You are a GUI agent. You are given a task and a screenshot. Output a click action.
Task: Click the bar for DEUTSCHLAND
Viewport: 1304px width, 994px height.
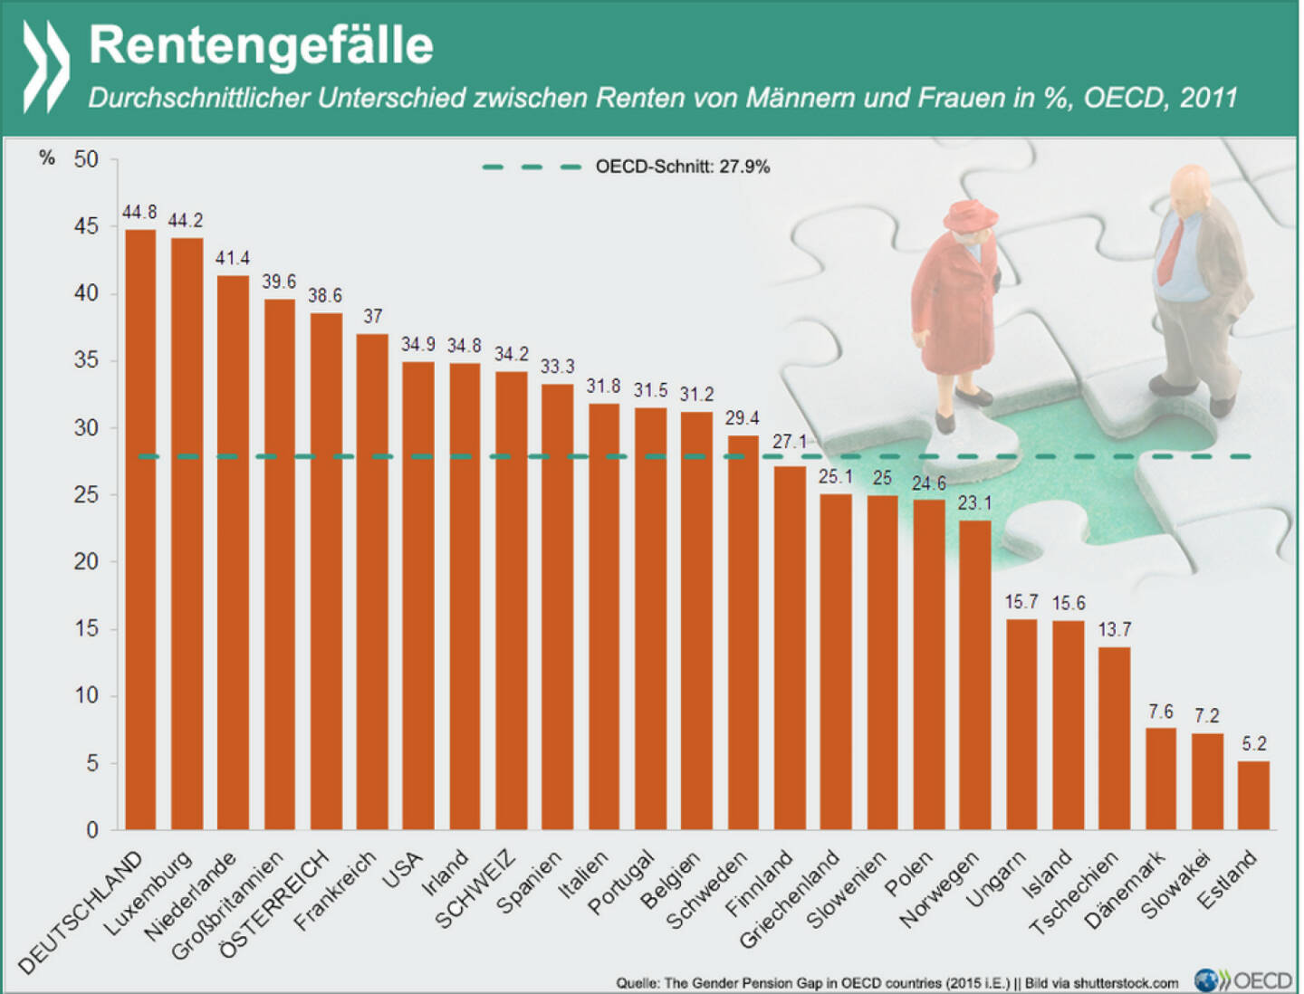point(139,530)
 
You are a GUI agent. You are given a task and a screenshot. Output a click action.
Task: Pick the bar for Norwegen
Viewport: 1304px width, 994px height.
point(974,674)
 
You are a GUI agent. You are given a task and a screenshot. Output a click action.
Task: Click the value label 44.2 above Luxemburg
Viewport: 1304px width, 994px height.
point(186,220)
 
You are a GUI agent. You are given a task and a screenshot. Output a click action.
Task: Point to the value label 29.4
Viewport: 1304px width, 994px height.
point(742,417)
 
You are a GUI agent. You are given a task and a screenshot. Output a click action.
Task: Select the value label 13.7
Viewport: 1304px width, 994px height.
point(1114,629)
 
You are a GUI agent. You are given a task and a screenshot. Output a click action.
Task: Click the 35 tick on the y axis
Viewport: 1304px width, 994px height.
point(86,360)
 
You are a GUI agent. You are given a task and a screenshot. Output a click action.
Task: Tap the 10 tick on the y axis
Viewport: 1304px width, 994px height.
point(86,695)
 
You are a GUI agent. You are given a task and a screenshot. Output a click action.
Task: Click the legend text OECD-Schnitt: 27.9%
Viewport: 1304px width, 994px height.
point(682,167)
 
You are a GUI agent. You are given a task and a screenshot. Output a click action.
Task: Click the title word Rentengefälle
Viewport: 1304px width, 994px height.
point(261,45)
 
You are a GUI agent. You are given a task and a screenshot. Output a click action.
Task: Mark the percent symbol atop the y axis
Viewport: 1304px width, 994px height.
point(47,158)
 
